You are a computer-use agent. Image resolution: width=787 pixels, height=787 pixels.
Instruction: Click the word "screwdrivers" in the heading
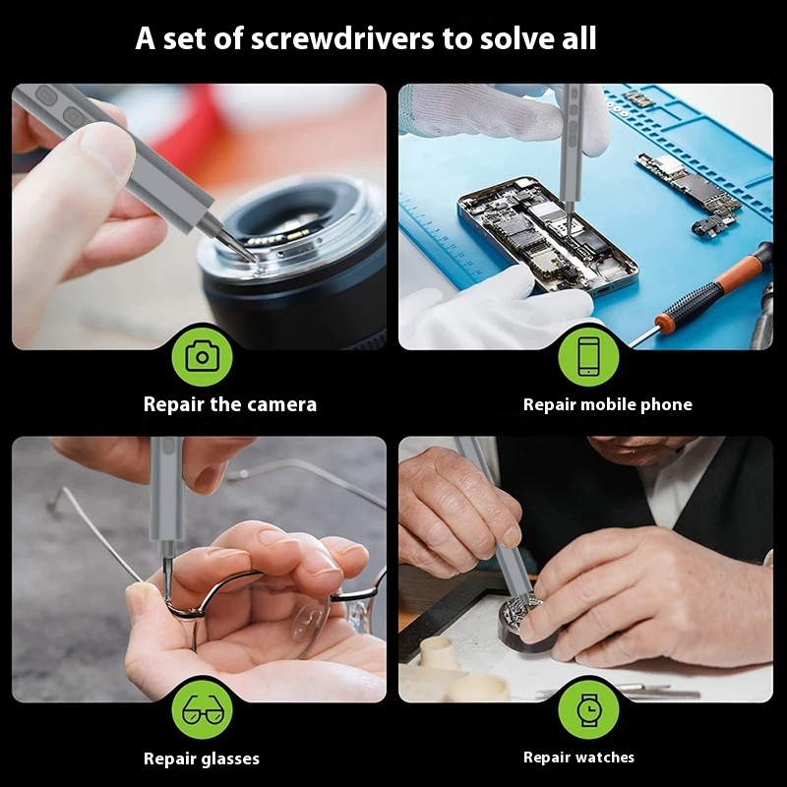click(341, 38)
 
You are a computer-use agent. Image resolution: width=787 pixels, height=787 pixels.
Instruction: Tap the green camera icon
click(202, 356)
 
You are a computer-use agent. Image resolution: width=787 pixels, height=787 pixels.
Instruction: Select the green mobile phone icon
click(588, 356)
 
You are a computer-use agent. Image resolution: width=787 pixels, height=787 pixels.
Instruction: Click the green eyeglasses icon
click(202, 709)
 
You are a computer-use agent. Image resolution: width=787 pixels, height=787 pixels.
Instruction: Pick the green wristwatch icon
click(588, 709)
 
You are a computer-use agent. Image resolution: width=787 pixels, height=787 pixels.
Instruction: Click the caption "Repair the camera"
click(230, 404)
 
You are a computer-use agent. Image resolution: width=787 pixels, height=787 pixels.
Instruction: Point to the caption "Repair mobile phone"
click(607, 404)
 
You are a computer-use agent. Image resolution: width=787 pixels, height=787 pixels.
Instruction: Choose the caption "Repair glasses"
click(202, 757)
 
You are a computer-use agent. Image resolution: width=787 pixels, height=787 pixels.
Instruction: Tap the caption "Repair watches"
click(578, 757)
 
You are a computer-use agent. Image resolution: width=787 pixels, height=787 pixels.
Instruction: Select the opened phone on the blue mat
click(547, 235)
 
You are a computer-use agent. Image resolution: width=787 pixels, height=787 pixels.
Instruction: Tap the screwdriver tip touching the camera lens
click(253, 258)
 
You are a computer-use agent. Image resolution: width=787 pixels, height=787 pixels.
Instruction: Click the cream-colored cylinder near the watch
click(438, 651)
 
